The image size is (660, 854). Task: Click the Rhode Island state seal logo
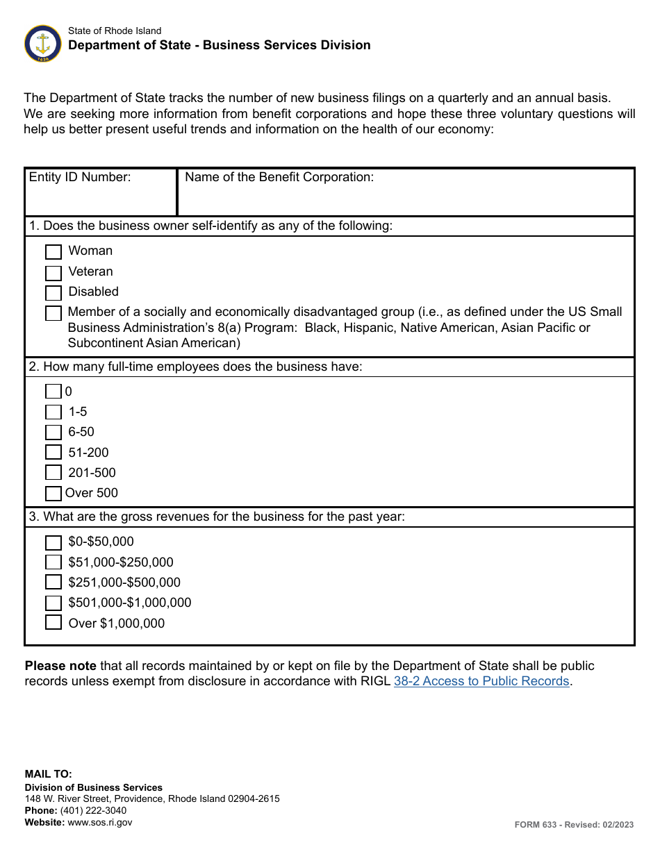43,44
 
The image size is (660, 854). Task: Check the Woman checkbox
53,252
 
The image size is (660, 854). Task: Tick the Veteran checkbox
53,273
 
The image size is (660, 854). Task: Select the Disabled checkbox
53,293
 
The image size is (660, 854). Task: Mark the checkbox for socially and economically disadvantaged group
53,313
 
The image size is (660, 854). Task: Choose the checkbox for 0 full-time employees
53,392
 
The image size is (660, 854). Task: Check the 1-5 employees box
53,412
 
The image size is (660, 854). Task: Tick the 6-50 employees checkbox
53,433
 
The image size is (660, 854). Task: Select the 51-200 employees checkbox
53,453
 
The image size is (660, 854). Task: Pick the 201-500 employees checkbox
53,473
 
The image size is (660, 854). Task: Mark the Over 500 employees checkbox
53,494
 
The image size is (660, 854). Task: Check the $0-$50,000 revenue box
53,542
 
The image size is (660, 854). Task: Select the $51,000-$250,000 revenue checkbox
53,562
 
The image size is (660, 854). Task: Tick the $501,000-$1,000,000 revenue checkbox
53,603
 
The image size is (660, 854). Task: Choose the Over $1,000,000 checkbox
53,623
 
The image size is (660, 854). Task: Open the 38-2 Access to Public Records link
481,681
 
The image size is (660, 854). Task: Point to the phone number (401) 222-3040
93,810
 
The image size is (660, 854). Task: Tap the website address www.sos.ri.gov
99,822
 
